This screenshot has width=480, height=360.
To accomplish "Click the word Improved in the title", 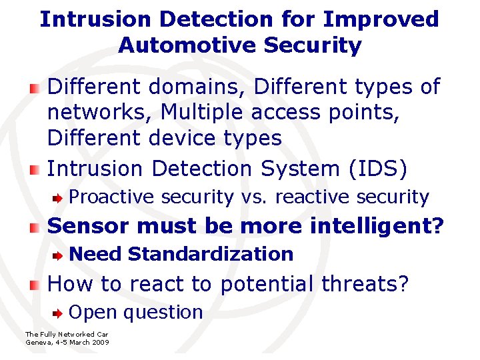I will pyautogui.click(x=381, y=19).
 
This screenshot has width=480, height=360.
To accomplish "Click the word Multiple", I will pyautogui.click(x=194, y=113).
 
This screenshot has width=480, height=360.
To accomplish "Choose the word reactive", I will pyautogui.click(x=315, y=197).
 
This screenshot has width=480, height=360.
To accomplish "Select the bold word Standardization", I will pyautogui.click(x=210, y=254).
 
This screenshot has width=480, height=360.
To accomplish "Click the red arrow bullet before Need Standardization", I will pyautogui.click(x=59, y=255).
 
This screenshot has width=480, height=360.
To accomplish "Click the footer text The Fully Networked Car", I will pyautogui.click(x=66, y=334).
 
